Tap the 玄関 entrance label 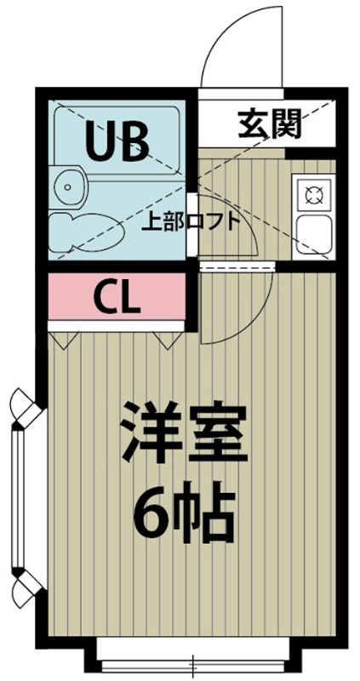pos(270,126)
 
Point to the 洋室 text pos(181,433)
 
